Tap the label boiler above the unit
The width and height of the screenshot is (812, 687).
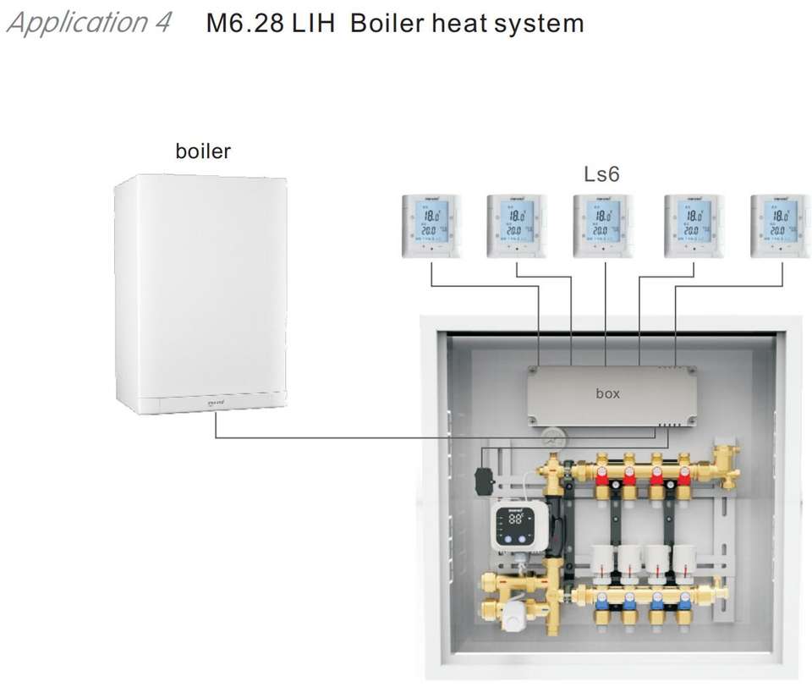coord(202,151)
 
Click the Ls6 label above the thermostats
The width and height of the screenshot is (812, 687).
coord(601,175)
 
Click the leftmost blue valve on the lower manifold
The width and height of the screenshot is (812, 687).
coord(602,602)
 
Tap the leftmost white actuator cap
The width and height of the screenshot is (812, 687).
coord(602,558)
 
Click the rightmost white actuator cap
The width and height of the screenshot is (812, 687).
coord(683,558)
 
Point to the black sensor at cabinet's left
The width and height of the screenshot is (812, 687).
coord(485,481)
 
